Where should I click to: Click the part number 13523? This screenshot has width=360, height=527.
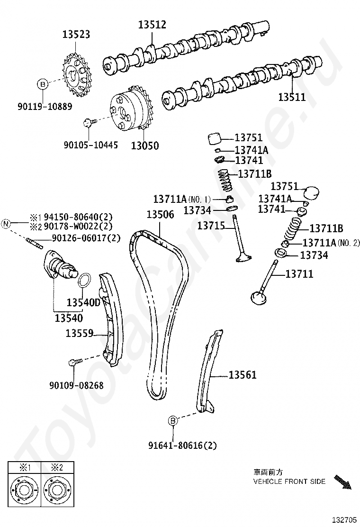pos(76,35)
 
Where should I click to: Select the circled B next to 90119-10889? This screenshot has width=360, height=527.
pos(43,84)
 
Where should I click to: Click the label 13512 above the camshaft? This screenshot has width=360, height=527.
pos(153,25)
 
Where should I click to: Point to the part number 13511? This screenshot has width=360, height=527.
pos(292,98)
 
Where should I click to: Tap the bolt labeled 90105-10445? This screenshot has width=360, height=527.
pos(88,123)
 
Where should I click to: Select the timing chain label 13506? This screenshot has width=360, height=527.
pos(160,214)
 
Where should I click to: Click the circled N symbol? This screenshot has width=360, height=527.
pos(7,223)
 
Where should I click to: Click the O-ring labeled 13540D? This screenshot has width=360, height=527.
pos(83,280)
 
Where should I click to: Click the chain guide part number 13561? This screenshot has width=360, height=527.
pos(242,375)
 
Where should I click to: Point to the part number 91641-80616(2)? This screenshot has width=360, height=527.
pos(182,445)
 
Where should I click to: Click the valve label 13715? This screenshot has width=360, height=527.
pos(211,226)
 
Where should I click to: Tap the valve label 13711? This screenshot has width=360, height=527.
pos(299,274)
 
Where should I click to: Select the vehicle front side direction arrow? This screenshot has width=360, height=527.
pos(343,482)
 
